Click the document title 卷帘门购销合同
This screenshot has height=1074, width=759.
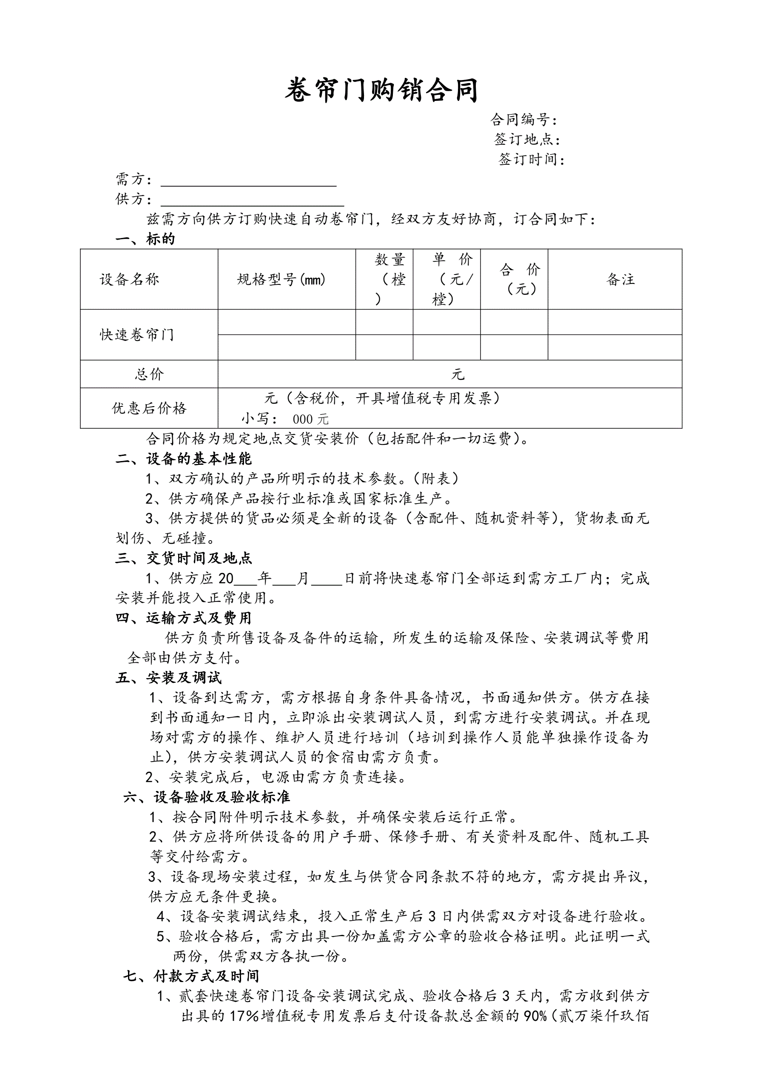[x=381, y=90]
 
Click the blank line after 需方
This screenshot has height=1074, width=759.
[x=249, y=183]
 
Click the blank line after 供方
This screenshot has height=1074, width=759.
[x=253, y=202]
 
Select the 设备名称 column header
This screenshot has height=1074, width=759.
[x=129, y=280]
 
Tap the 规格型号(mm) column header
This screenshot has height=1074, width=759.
[x=281, y=280]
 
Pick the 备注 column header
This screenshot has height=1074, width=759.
[x=621, y=280]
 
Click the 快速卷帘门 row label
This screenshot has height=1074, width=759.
[x=137, y=335]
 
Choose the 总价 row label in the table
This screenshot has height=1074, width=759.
[x=149, y=374]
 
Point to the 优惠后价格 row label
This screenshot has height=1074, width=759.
[x=149, y=408]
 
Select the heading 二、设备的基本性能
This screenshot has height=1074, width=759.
[x=184, y=459]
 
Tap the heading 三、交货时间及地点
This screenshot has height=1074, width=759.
[x=184, y=558]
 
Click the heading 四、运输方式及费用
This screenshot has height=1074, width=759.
[x=184, y=618]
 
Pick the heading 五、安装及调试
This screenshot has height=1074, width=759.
[x=168, y=678]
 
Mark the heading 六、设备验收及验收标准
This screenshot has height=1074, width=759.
[x=207, y=797]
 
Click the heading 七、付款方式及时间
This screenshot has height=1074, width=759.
[x=191, y=976]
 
